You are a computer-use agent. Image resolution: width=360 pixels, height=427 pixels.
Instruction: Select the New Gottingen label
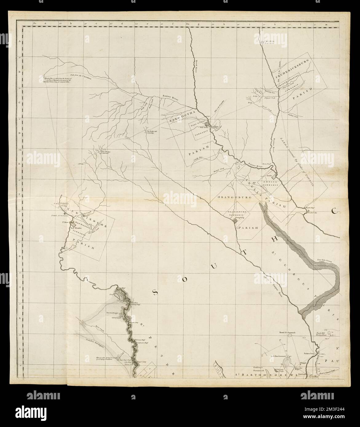click(x=113, y=313)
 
